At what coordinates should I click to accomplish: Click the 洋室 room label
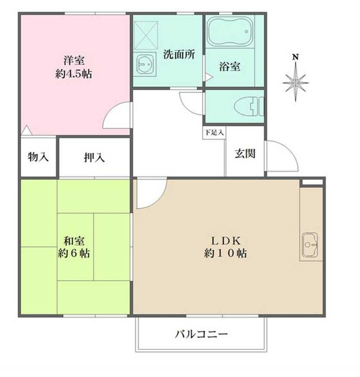point(74,60)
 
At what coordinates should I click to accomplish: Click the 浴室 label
point(230,67)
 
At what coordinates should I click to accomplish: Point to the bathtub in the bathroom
point(230,34)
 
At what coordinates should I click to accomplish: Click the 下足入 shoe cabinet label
point(214,132)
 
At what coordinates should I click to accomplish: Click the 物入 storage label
point(38,157)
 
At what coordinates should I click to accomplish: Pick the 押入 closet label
point(94,157)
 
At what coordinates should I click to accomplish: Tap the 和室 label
point(74,241)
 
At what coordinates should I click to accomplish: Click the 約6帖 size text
point(74,254)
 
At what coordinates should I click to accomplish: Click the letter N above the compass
point(296,57)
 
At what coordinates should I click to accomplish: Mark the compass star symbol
point(296,81)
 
